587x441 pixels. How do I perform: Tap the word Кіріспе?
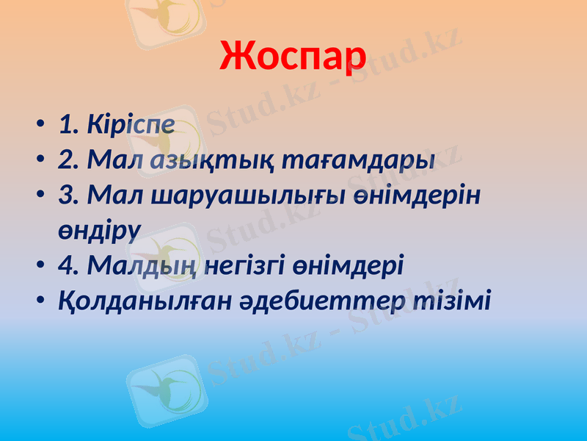tap(131, 125)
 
